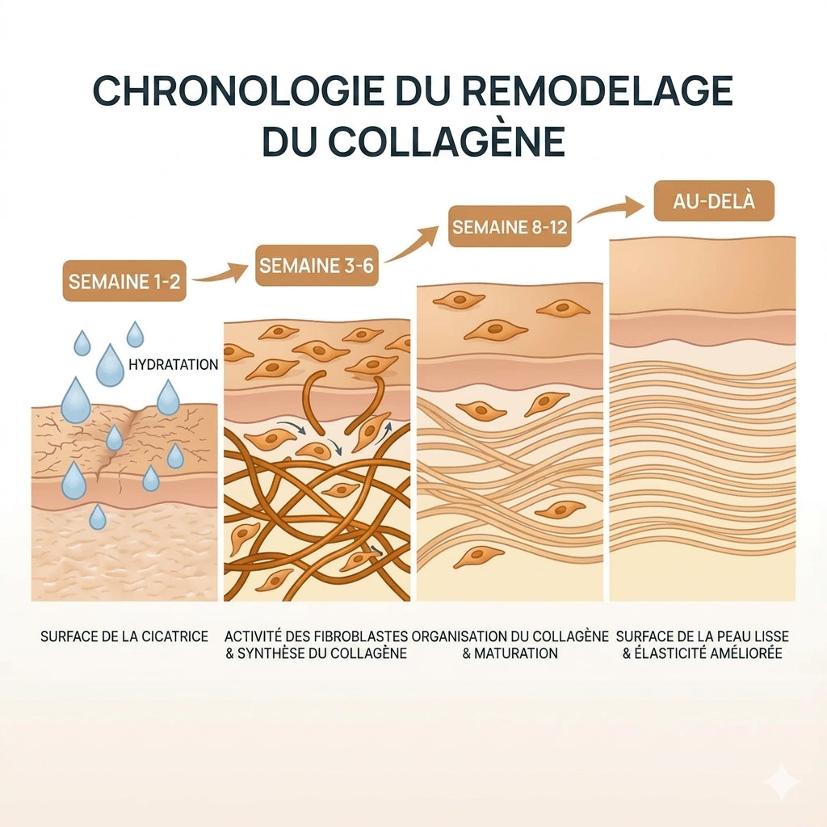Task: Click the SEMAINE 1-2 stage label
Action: tap(124, 281)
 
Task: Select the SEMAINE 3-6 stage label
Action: tap(317, 265)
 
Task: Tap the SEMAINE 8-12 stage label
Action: tap(510, 227)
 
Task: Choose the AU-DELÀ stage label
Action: tap(714, 201)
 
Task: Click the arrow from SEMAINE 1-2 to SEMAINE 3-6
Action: tap(219, 275)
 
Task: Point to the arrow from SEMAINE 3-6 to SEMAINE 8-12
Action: tap(411, 246)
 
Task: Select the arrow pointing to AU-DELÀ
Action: tap(612, 208)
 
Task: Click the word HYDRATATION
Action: tap(174, 364)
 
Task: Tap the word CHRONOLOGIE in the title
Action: tap(238, 90)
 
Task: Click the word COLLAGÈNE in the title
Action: tap(447, 141)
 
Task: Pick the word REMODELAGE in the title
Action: tap(598, 90)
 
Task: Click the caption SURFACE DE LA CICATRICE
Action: tap(124, 636)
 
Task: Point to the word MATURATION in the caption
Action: tap(516, 653)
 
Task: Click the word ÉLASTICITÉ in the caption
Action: tap(674, 653)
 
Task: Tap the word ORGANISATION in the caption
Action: tap(459, 636)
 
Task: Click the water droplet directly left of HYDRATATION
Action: tap(110, 365)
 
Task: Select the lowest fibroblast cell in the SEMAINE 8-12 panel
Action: tap(479, 556)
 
